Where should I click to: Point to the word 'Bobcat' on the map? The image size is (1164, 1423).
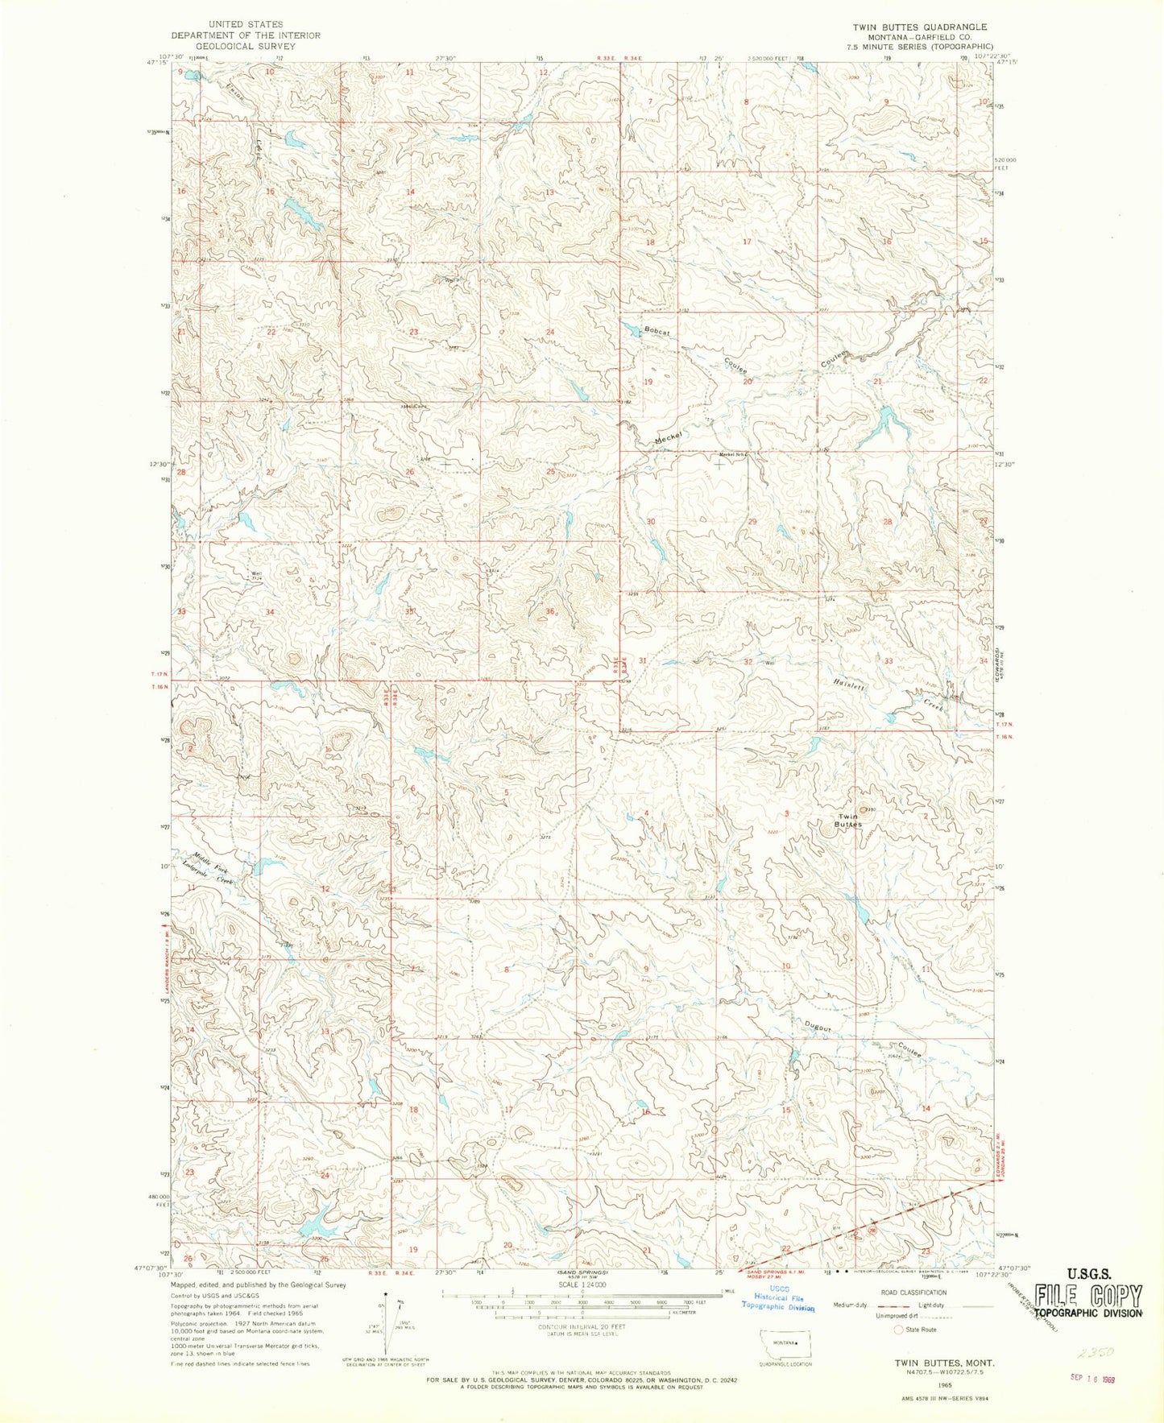click(x=657, y=331)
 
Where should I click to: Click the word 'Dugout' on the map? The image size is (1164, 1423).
click(x=817, y=1027)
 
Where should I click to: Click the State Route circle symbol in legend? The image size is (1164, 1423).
click(x=899, y=1330)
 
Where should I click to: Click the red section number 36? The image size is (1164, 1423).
click(x=550, y=613)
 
